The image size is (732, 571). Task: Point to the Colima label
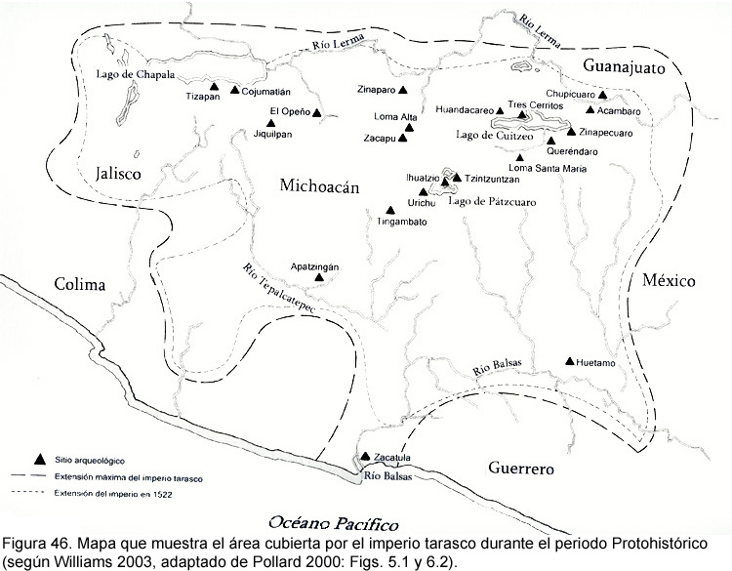pyautogui.click(x=80, y=285)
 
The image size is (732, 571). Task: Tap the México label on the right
pyautogui.click(x=669, y=281)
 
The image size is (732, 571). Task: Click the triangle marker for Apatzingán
pyautogui.click(x=319, y=278)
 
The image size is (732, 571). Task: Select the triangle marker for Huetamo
pyautogui.click(x=570, y=361)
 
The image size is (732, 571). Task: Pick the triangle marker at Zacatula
pyautogui.click(x=365, y=456)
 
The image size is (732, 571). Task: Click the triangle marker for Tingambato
pyautogui.click(x=390, y=209)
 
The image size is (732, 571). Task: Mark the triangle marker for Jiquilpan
pyautogui.click(x=271, y=122)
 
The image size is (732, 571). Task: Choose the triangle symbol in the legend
pyautogui.click(x=40, y=459)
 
